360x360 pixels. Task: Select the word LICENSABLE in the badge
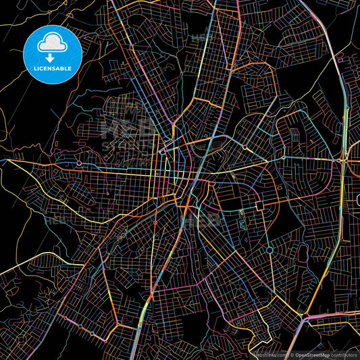click(x=53, y=68)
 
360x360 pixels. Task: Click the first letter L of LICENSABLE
click(x=34, y=68)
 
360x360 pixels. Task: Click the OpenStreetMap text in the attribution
click(x=311, y=354)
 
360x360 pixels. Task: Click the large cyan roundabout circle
click(x=269, y=250)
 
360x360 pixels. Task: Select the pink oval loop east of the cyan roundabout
click(x=303, y=254)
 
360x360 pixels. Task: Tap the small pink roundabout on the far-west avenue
click(x=79, y=163)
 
